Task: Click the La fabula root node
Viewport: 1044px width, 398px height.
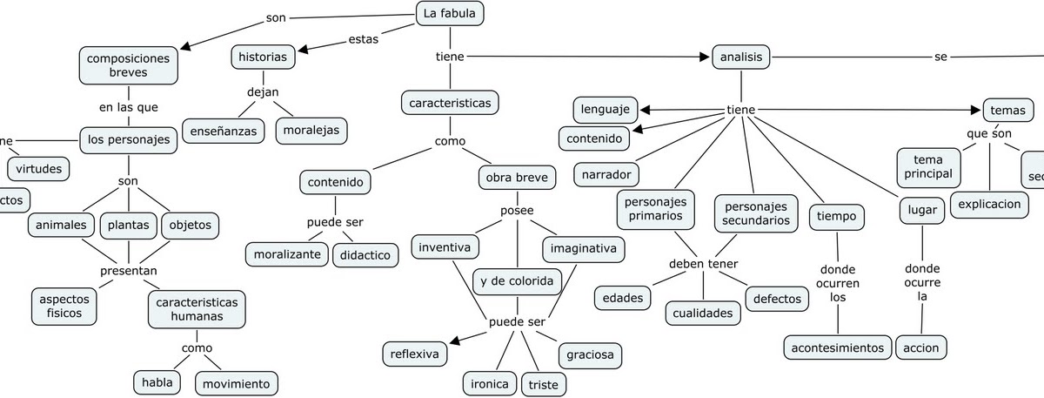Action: click(x=450, y=14)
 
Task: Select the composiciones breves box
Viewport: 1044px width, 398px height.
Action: click(x=128, y=64)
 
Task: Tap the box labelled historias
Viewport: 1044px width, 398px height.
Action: click(x=262, y=57)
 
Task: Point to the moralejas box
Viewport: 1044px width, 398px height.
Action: click(x=311, y=131)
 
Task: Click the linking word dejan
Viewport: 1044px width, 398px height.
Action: click(x=263, y=91)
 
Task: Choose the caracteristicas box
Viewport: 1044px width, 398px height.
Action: click(x=450, y=103)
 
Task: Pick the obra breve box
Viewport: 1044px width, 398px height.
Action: click(x=517, y=178)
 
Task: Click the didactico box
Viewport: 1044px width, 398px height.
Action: click(x=364, y=254)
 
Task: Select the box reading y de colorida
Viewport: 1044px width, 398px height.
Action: click(x=517, y=280)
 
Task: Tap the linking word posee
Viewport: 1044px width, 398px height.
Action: click(x=517, y=211)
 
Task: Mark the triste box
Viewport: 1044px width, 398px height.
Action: click(x=543, y=384)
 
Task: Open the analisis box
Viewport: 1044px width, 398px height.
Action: click(x=741, y=57)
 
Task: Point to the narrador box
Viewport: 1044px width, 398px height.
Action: click(x=606, y=172)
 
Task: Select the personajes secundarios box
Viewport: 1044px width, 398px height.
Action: click(x=756, y=213)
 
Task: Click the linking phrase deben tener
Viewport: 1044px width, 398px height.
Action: click(x=703, y=264)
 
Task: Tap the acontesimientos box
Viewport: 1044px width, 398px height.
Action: click(x=838, y=347)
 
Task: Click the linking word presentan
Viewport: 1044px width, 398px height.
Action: click(x=129, y=271)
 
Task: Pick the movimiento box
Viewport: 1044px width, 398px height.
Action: click(x=236, y=383)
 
